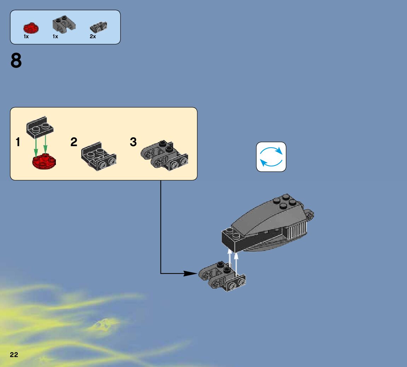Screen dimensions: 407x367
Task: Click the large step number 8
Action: point(16,61)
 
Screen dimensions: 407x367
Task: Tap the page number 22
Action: point(14,355)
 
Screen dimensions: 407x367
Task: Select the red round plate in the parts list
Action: point(31,28)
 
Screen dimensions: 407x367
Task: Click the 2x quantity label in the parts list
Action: point(93,36)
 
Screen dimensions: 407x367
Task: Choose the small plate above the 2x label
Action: point(99,26)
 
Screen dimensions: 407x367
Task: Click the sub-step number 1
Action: point(18,142)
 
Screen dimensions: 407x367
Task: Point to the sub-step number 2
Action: point(74,142)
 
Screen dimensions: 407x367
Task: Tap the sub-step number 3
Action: point(133,142)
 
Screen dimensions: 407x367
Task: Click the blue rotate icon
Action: point(271,157)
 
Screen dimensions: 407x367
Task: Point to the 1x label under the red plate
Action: point(26,36)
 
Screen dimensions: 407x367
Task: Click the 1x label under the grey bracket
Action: point(55,36)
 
